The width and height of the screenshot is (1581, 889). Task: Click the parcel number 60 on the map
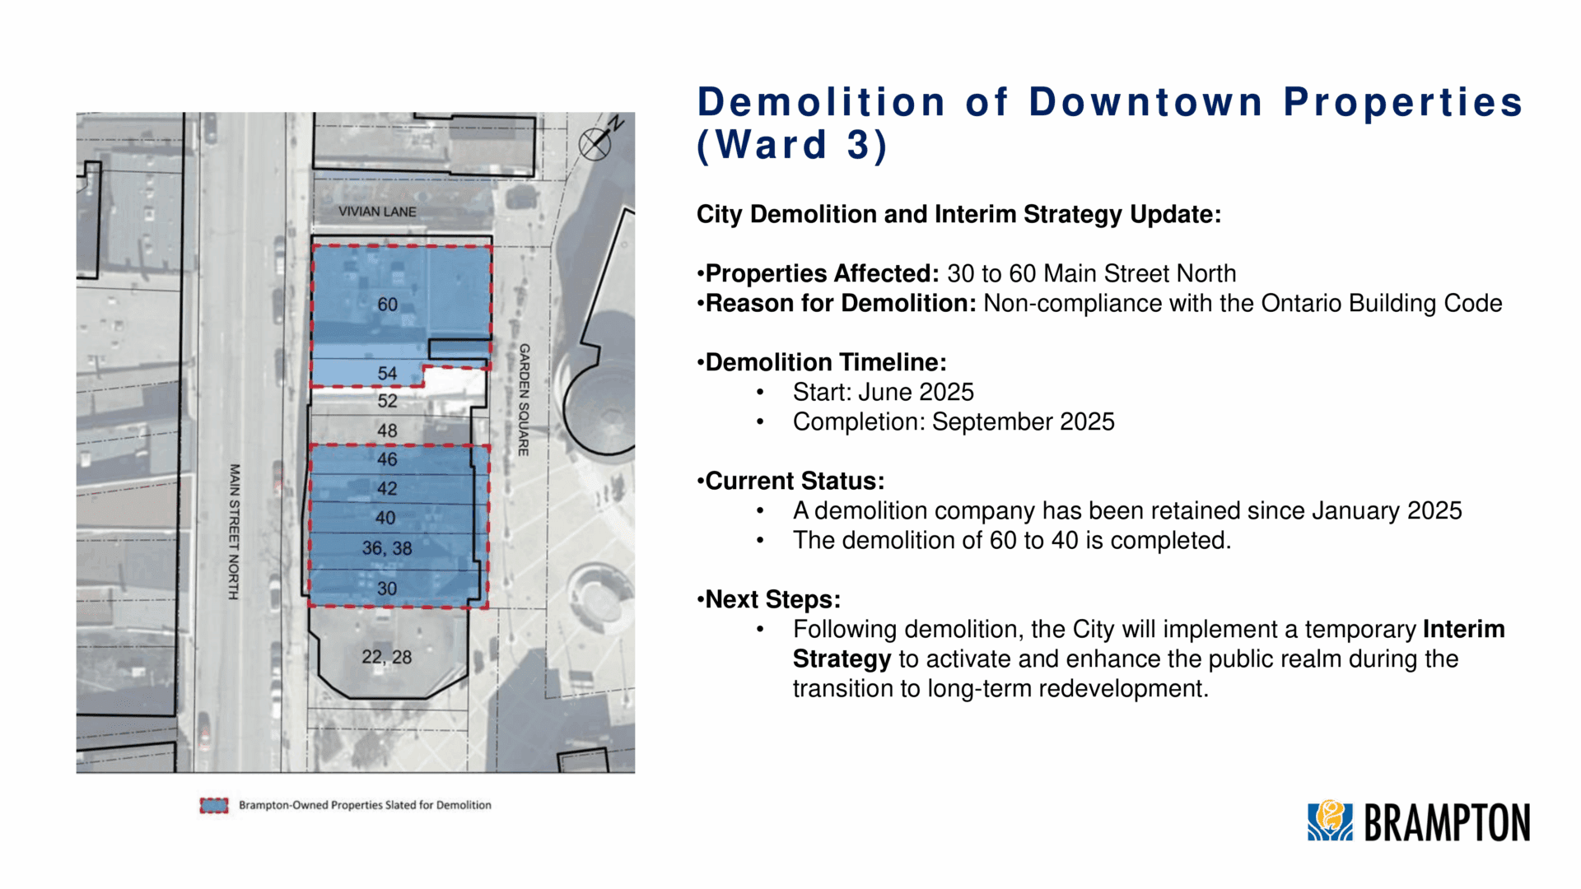[387, 305]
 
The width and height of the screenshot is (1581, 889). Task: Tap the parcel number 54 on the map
[387, 374]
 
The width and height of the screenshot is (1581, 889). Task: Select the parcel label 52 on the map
[387, 401]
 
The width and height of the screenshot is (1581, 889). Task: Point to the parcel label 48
[387, 431]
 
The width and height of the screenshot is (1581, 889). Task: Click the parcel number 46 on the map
[387, 459]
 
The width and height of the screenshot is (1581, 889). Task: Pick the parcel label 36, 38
[387, 548]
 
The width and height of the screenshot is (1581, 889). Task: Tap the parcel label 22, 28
[387, 657]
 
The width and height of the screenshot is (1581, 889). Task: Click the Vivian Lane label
[377, 212]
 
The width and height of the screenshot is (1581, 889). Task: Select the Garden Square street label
[524, 400]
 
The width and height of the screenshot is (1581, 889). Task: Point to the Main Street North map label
[235, 532]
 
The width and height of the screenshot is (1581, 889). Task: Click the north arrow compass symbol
[599, 140]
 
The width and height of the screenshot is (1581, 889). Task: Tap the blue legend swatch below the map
[214, 805]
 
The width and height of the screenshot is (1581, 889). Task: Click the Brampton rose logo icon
[1330, 821]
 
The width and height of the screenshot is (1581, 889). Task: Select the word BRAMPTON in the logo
[1447, 822]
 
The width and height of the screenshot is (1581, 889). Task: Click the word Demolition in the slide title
[822, 103]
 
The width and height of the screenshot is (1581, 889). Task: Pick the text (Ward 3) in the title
[792, 146]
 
